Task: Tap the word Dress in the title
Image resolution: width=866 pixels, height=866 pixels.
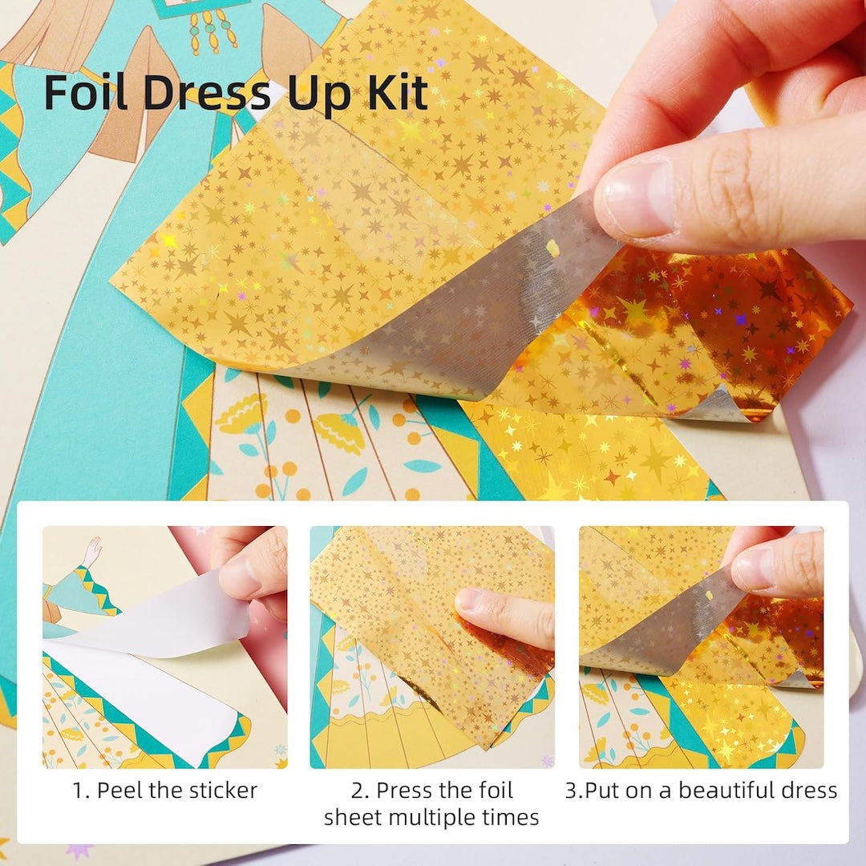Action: point(207,92)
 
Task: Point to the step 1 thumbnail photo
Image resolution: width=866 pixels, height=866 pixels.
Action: point(164,647)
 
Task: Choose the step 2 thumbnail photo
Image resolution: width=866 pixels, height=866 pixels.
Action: point(432,647)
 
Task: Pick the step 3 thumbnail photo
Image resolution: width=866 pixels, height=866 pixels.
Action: point(701,647)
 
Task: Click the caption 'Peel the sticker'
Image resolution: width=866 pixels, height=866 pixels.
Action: point(176,791)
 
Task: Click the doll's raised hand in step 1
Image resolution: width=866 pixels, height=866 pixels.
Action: point(92,550)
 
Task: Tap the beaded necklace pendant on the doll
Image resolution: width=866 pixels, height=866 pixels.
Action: point(212,32)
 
